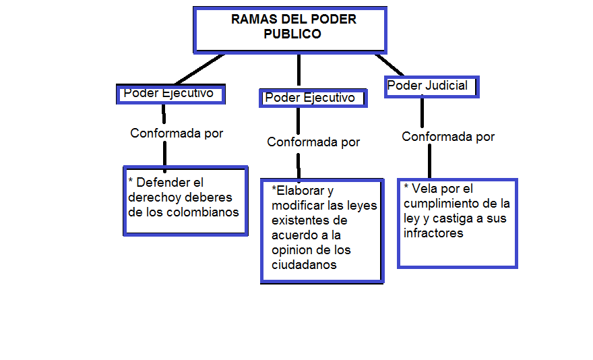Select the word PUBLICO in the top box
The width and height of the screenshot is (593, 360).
tap(292, 34)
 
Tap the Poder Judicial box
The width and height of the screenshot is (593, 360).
tap(431, 86)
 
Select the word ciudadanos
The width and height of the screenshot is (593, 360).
tap(304, 265)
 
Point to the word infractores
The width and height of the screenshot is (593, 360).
tap(434, 233)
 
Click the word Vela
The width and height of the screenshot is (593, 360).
tap(425, 189)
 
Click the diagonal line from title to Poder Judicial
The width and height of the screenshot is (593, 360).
tap(389, 65)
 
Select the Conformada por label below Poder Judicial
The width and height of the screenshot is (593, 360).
tap(448, 137)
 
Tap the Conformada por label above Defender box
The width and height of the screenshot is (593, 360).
tap(177, 133)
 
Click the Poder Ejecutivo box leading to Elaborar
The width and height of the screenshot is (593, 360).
tap(312, 98)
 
